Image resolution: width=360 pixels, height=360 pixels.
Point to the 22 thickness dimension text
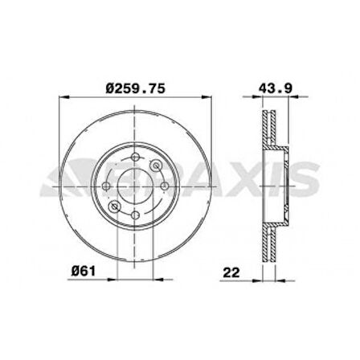[x=231, y=272]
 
